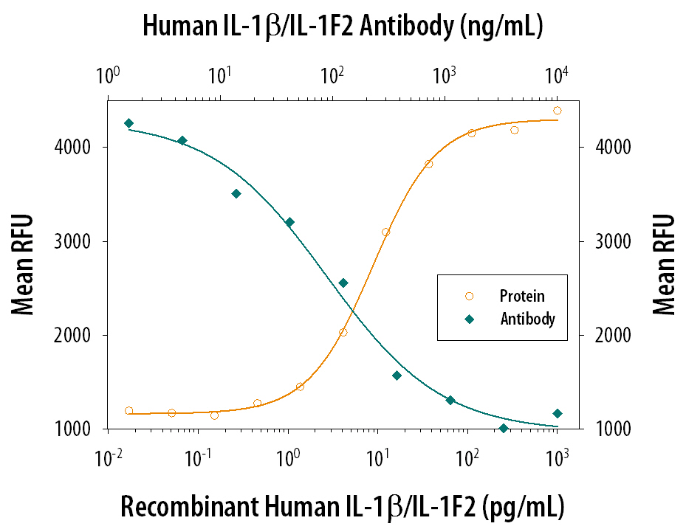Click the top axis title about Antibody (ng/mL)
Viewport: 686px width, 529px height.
pos(343,27)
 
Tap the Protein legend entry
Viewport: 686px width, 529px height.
pos(522,297)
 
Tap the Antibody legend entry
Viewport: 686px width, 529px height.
pos(527,319)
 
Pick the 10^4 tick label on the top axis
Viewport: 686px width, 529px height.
pos(558,75)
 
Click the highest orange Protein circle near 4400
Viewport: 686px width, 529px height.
pos(558,111)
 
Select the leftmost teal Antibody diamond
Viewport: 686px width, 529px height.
pos(128,123)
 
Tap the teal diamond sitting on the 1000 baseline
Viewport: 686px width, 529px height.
pos(504,429)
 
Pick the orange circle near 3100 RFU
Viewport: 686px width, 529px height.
pos(385,232)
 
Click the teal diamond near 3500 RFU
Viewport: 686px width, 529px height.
pos(236,193)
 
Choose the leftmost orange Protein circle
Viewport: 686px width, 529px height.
pos(129,411)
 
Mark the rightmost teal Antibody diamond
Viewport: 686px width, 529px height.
pos(558,413)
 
